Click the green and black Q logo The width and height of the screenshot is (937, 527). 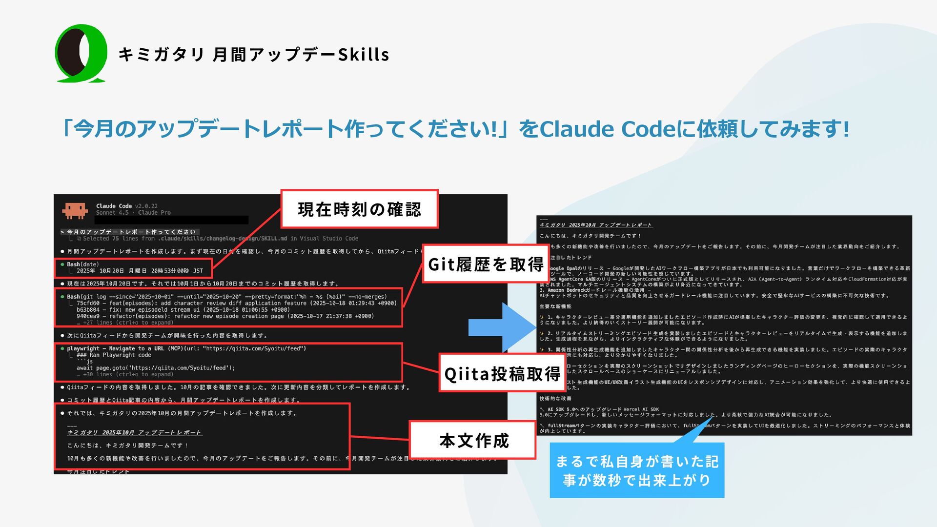click(x=81, y=53)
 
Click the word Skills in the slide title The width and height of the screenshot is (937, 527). click(x=364, y=55)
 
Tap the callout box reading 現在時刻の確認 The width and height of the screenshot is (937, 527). click(x=359, y=209)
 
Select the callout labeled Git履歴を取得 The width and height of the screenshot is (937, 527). click(x=486, y=264)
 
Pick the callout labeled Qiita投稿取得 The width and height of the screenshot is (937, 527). click(x=502, y=374)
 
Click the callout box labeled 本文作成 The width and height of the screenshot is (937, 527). click(x=474, y=441)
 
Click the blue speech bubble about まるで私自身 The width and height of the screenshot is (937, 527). click(x=637, y=470)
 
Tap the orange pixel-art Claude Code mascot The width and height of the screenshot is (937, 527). click(x=75, y=210)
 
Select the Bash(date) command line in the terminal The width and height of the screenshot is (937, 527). click(x=83, y=264)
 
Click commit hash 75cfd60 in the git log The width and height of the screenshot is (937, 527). click(x=88, y=303)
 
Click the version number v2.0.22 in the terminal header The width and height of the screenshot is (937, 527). click(x=146, y=206)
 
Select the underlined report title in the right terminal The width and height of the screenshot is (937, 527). click(x=595, y=225)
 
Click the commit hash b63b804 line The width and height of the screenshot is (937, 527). click(x=88, y=310)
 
